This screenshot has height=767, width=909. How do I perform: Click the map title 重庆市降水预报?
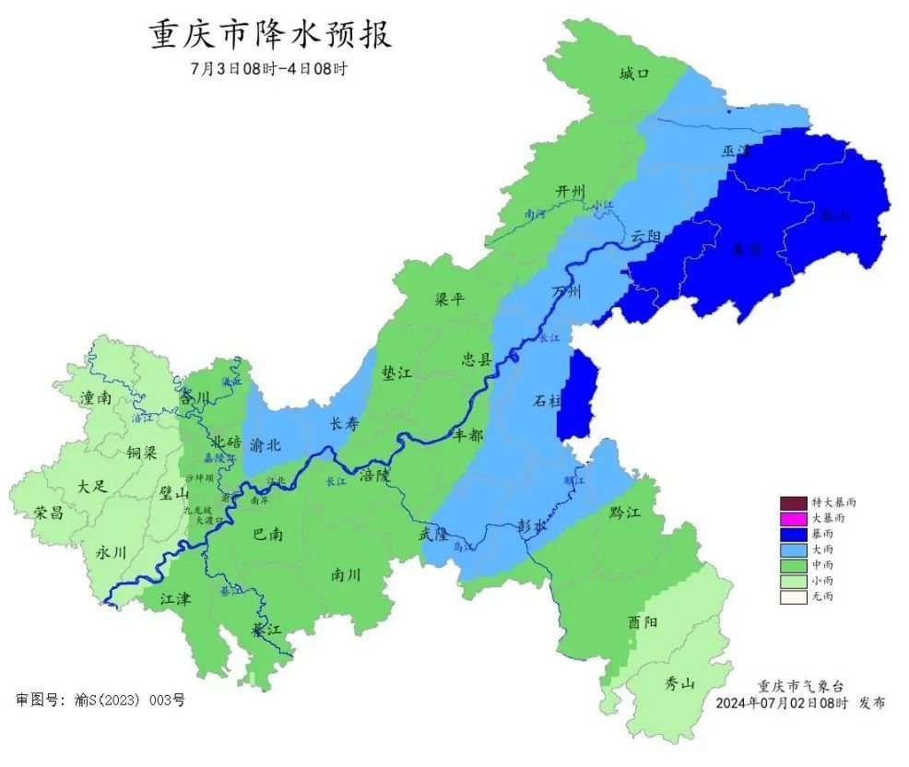tap(270, 34)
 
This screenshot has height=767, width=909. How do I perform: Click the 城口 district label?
tap(634, 74)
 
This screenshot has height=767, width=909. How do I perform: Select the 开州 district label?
tap(570, 191)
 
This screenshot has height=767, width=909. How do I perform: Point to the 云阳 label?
tap(647, 237)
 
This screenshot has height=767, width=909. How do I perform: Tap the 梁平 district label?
tap(451, 300)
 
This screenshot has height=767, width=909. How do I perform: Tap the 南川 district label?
tap(346, 575)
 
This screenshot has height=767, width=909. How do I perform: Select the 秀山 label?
tap(680, 683)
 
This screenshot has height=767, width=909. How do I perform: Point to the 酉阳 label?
tap(643, 622)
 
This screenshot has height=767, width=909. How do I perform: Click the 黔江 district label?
tap(624, 512)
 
